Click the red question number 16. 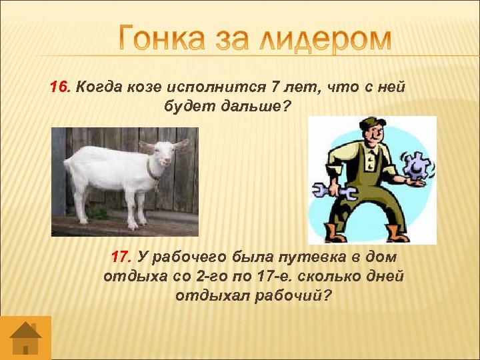[x=61, y=87]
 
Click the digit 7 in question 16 [x=276, y=87]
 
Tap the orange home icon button [x=25, y=337]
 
